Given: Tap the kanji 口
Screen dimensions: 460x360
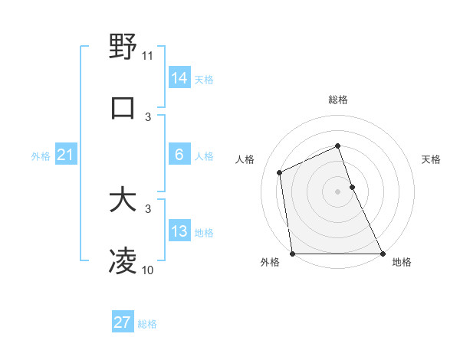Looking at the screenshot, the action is pyautogui.click(x=123, y=108).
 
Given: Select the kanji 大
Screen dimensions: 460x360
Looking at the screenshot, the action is pyautogui.click(x=123, y=201).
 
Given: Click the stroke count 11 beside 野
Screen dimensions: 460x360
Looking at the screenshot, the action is pyautogui.click(x=148, y=55).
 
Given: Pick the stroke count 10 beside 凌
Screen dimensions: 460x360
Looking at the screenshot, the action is pyautogui.click(x=148, y=270).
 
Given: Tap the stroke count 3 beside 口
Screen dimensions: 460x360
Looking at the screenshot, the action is pyautogui.click(x=149, y=117).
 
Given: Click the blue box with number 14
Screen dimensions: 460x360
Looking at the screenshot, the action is pyautogui.click(x=179, y=77).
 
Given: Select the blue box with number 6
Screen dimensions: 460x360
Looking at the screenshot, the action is pyautogui.click(x=179, y=155).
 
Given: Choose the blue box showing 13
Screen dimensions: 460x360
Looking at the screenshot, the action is pyautogui.click(x=179, y=231).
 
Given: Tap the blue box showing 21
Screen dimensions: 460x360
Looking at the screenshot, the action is pyautogui.click(x=66, y=155).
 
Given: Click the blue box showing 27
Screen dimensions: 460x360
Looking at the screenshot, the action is pyautogui.click(x=123, y=322).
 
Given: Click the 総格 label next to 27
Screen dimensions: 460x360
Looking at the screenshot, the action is pyautogui.click(x=147, y=324).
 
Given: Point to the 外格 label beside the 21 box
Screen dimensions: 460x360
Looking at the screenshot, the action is pyautogui.click(x=41, y=156).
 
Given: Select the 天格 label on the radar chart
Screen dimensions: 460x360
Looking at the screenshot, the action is pyautogui.click(x=432, y=159).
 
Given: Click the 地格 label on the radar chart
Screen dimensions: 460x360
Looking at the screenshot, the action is pyautogui.click(x=402, y=262).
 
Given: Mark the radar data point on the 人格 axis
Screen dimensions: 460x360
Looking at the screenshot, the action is pyautogui.click(x=280, y=172).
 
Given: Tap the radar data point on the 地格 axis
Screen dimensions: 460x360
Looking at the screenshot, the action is pyautogui.click(x=383, y=254).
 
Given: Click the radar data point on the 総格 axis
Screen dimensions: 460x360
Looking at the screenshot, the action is pyautogui.click(x=337, y=146).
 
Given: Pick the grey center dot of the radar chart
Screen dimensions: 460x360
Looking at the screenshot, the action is pyautogui.click(x=337, y=191).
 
